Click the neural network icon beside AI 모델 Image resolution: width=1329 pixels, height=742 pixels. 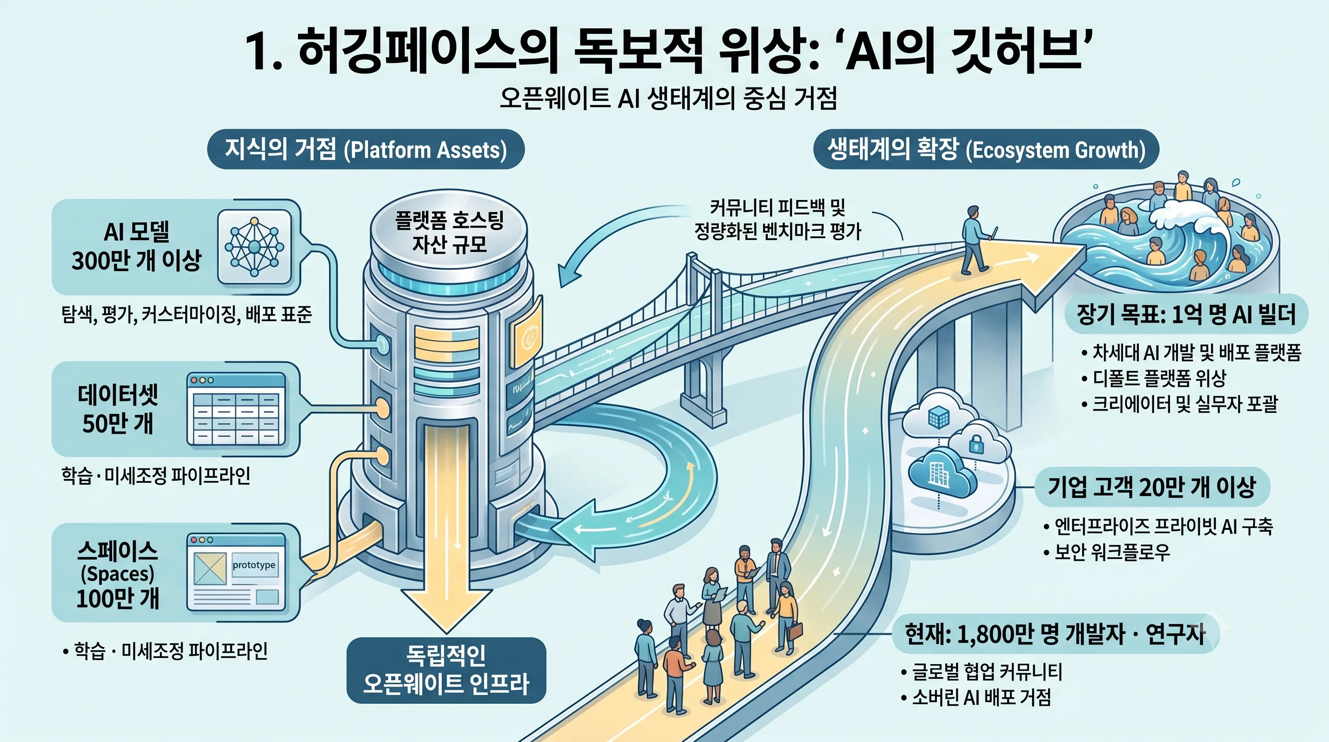[254, 247]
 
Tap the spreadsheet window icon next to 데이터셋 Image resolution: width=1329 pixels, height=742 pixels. [236, 409]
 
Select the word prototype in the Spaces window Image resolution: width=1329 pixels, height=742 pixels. [254, 565]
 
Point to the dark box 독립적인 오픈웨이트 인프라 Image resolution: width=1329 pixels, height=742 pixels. [446, 670]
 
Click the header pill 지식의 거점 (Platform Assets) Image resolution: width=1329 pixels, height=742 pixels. [366, 149]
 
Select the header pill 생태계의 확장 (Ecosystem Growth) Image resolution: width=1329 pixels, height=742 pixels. [986, 149]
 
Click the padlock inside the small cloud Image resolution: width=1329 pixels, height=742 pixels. [976, 444]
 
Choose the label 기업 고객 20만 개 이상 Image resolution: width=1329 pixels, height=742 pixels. [1151, 486]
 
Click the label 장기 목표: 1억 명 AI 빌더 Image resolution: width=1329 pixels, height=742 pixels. [1186, 314]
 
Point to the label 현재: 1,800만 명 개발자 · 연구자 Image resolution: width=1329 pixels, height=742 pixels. [1056, 634]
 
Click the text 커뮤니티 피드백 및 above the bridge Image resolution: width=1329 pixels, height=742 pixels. [778, 208]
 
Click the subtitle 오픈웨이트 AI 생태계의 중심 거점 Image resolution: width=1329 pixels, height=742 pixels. [668, 98]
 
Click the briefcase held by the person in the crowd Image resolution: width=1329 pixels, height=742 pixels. [795, 631]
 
